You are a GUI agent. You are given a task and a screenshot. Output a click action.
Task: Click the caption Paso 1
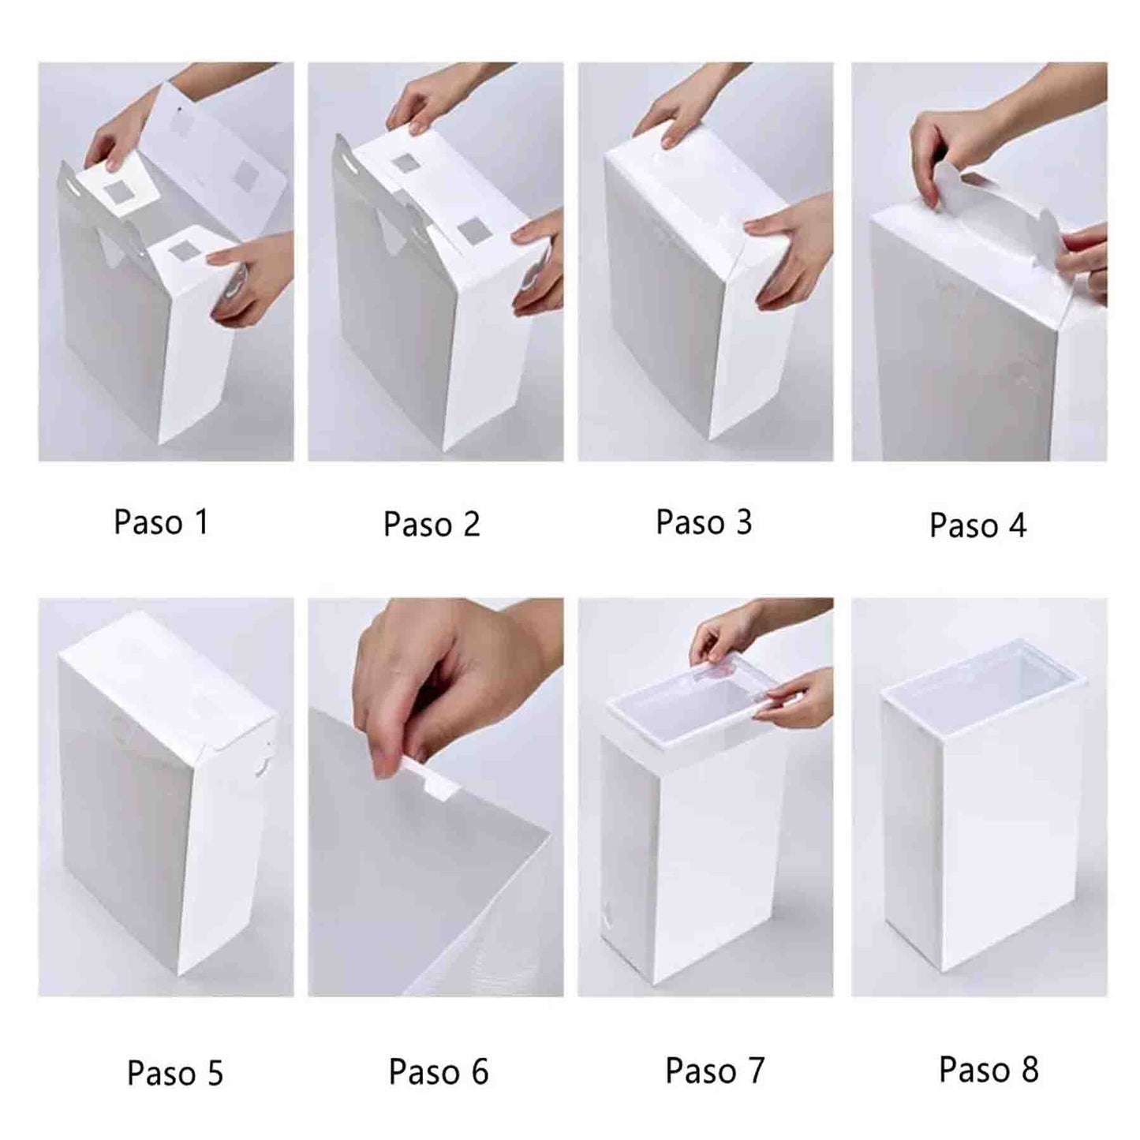pyautogui.click(x=161, y=521)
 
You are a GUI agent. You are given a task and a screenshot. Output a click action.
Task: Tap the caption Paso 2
pyautogui.click(x=432, y=524)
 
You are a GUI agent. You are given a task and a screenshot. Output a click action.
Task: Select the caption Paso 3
pyautogui.click(x=704, y=521)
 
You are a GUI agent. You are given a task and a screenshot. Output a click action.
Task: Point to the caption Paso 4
pyautogui.click(x=977, y=524)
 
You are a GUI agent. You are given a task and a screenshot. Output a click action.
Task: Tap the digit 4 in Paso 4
pyautogui.click(x=1016, y=524)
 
